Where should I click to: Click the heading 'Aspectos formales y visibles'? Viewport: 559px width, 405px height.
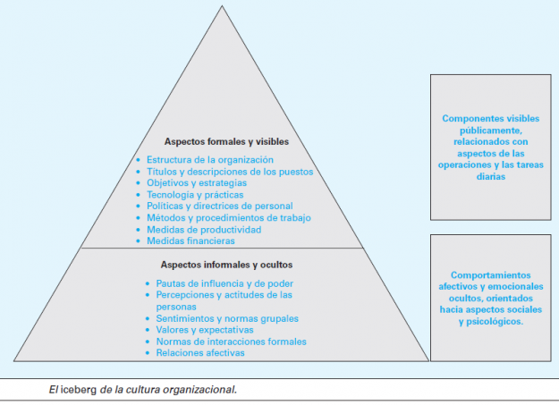click(x=226, y=141)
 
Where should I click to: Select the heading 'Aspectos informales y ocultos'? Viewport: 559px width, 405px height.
click(x=226, y=265)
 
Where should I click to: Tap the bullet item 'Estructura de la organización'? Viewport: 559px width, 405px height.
click(x=210, y=160)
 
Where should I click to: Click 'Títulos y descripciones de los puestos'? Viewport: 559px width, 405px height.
click(x=230, y=172)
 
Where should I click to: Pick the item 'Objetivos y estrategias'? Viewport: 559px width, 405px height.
click(x=197, y=183)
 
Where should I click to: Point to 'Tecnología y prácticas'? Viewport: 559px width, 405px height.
click(x=195, y=195)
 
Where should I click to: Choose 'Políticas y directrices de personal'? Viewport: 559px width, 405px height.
click(x=220, y=206)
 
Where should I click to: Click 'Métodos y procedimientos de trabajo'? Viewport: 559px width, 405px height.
click(x=229, y=218)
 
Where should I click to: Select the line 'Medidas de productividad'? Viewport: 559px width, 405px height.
click(x=204, y=230)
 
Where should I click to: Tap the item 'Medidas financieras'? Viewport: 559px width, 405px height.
click(x=191, y=241)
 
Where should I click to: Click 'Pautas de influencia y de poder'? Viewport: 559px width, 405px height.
click(x=224, y=283)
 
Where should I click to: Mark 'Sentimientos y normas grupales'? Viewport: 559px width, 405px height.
click(x=227, y=318)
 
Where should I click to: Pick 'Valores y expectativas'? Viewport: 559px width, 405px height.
click(x=205, y=330)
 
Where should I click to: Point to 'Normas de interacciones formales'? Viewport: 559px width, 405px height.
click(x=231, y=342)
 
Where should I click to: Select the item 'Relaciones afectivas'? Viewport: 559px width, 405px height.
click(x=200, y=353)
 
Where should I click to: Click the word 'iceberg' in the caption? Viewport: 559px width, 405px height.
click(x=79, y=389)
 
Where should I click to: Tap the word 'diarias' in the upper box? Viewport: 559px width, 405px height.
click(x=491, y=176)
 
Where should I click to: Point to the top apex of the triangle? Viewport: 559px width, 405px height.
click(x=222, y=5)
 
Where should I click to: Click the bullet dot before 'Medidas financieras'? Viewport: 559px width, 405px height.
click(x=139, y=241)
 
